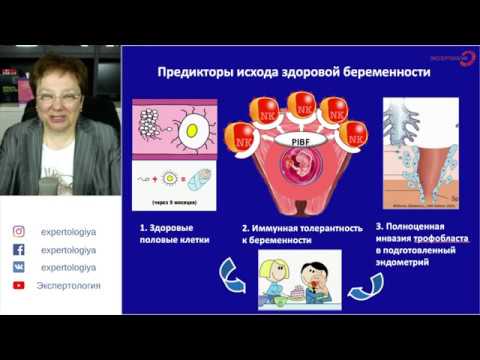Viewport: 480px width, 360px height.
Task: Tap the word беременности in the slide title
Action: pos(386,72)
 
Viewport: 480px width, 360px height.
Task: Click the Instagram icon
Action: pos(17,231)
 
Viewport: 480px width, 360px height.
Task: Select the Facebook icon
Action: pos(17,249)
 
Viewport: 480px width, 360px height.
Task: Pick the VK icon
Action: pos(17,267)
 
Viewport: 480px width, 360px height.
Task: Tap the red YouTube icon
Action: pos(17,286)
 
